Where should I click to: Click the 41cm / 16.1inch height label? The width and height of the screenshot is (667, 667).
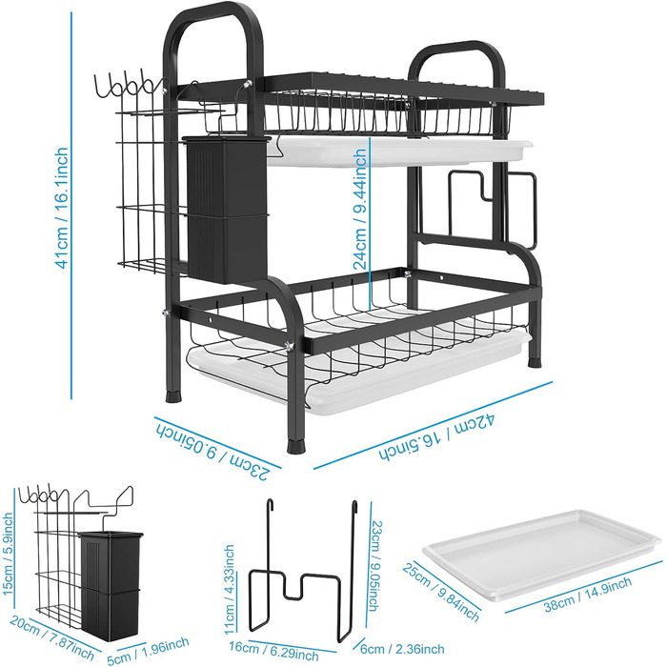click(x=62, y=208)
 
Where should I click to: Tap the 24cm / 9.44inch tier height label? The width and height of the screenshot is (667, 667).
click(x=360, y=209)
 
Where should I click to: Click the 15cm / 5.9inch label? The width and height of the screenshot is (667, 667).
click(x=8, y=555)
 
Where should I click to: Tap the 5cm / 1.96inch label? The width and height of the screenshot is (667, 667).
click(x=148, y=650)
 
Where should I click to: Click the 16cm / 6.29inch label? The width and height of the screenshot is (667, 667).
click(x=273, y=651)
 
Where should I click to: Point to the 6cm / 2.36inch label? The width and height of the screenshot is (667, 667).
click(x=402, y=649)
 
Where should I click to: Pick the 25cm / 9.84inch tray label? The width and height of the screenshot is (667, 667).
click(x=440, y=592)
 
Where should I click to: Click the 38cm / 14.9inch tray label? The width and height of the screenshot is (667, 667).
click(x=588, y=595)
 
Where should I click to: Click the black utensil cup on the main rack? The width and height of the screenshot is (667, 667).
click(x=227, y=210)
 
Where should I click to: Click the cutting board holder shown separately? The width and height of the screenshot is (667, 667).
click(x=303, y=569)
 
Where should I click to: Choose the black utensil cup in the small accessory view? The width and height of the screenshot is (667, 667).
click(x=111, y=586)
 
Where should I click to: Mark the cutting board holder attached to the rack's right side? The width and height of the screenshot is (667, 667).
click(x=493, y=210)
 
